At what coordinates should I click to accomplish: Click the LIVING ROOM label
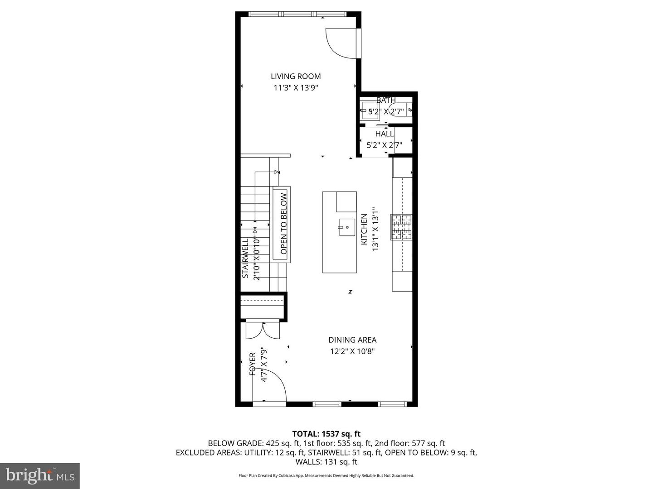click(296, 77)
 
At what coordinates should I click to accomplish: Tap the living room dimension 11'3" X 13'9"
click(296, 88)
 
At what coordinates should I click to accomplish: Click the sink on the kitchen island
click(347, 227)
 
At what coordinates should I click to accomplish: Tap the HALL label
click(385, 134)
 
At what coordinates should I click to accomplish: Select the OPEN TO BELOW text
click(283, 224)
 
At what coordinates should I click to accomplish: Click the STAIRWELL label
click(245, 258)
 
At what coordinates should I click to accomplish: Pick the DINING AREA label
click(352, 340)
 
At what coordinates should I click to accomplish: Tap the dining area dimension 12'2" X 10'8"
click(352, 351)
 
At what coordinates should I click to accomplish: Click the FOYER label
click(253, 364)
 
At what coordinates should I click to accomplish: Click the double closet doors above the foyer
click(263, 331)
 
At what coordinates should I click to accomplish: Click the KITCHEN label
click(364, 230)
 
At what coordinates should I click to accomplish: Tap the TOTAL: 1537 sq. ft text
click(326, 434)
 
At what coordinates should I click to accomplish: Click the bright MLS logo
click(40, 475)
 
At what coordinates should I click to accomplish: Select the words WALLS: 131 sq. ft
click(326, 462)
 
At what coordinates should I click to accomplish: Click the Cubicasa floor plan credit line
click(326, 476)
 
